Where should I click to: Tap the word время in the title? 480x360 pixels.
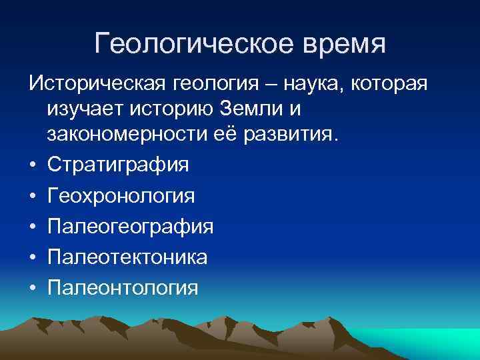pos(339,43)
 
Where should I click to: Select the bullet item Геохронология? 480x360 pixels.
pos(121,196)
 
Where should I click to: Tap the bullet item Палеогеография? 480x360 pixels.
pos(131,227)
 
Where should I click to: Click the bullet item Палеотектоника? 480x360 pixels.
pos(127,257)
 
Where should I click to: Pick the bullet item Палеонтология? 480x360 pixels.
pos(123,287)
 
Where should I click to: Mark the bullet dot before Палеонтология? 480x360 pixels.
pos(33,288)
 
